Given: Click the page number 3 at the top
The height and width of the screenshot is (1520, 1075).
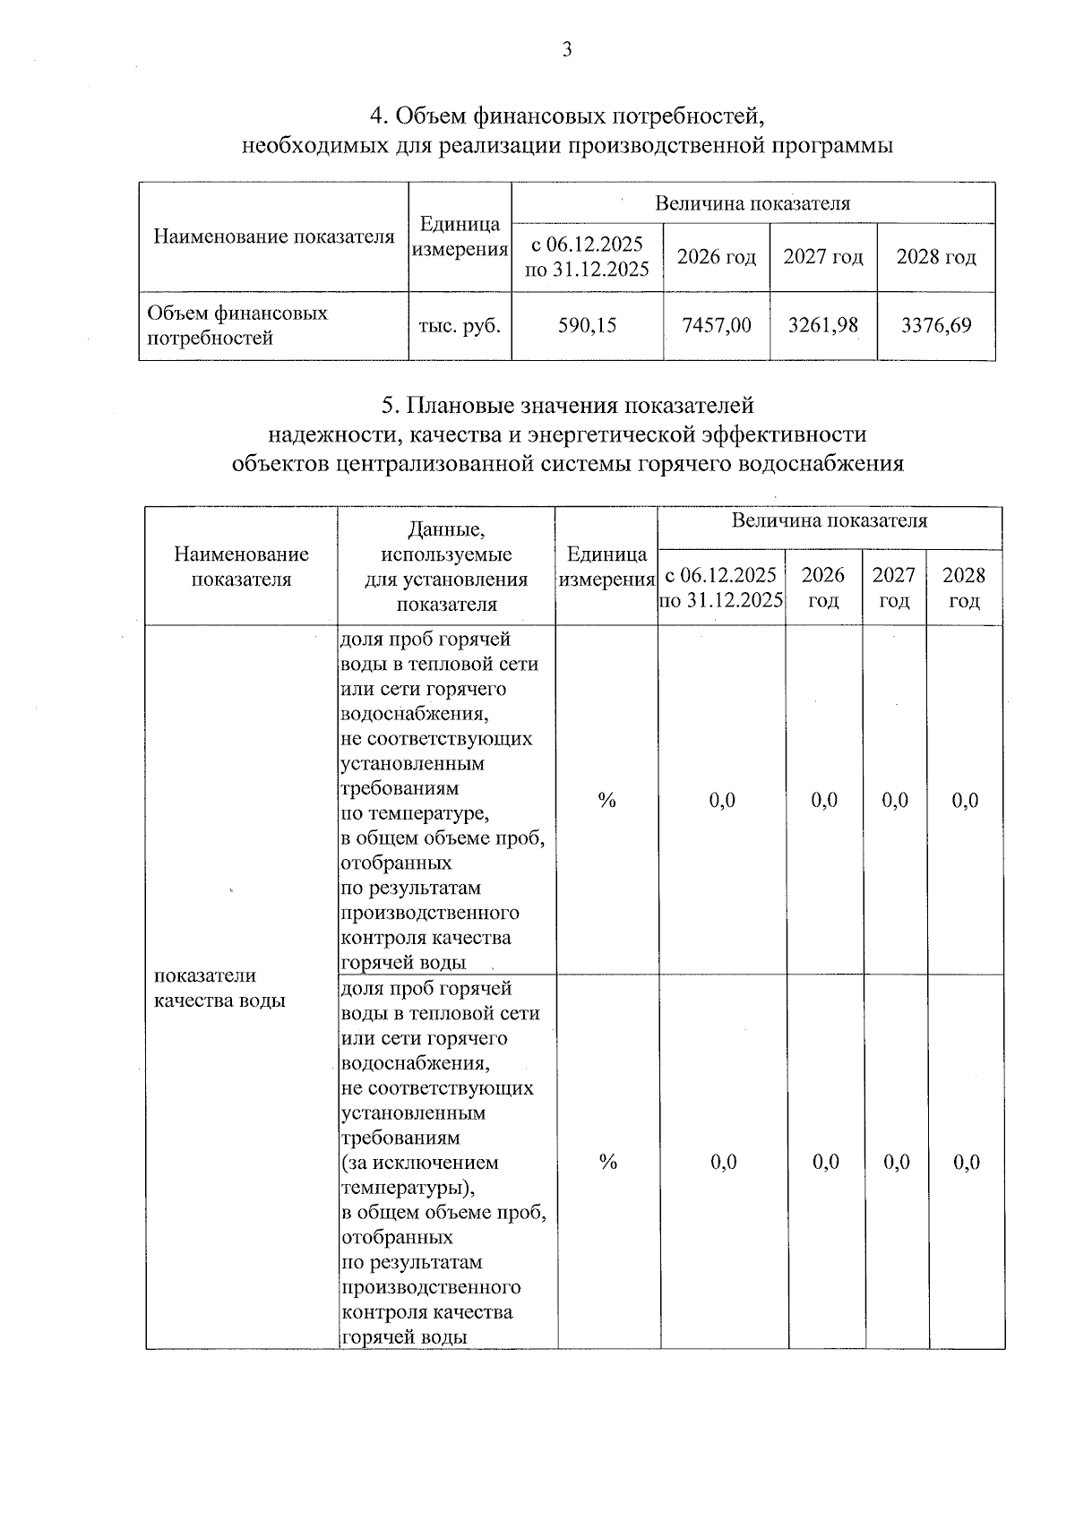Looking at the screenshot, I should (566, 51).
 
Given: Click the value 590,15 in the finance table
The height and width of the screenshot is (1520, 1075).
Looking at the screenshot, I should (588, 326).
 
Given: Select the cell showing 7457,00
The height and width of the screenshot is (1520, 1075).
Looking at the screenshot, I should (717, 326).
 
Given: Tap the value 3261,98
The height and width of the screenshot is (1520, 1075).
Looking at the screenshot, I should (822, 326).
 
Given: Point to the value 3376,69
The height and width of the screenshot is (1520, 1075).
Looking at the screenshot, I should (936, 326).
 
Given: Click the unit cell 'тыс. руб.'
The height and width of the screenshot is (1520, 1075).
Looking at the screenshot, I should (460, 326).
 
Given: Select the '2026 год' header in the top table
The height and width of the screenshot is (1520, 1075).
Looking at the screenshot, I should (717, 258).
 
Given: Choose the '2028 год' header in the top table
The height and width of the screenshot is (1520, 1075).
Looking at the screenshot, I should (936, 258).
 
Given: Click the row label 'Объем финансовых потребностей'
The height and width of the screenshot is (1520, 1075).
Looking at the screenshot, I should (237, 326).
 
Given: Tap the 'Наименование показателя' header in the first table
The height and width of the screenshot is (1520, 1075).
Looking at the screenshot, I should (274, 237).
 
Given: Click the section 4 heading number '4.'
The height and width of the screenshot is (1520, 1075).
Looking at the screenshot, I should (379, 116).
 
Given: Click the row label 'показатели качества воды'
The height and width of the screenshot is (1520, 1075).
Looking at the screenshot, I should (219, 988).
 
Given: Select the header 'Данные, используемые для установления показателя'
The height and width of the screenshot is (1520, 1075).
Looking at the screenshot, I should (446, 567).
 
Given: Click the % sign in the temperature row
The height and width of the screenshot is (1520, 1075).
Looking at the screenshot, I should (607, 801).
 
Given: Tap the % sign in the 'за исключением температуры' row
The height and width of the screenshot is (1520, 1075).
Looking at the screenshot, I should (609, 1163).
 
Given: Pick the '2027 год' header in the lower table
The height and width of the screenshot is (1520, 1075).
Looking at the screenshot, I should (894, 588).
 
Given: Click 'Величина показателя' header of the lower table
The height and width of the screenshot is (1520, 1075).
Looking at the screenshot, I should (830, 521).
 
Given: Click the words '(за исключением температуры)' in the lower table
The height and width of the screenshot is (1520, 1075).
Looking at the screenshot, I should (419, 1175).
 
